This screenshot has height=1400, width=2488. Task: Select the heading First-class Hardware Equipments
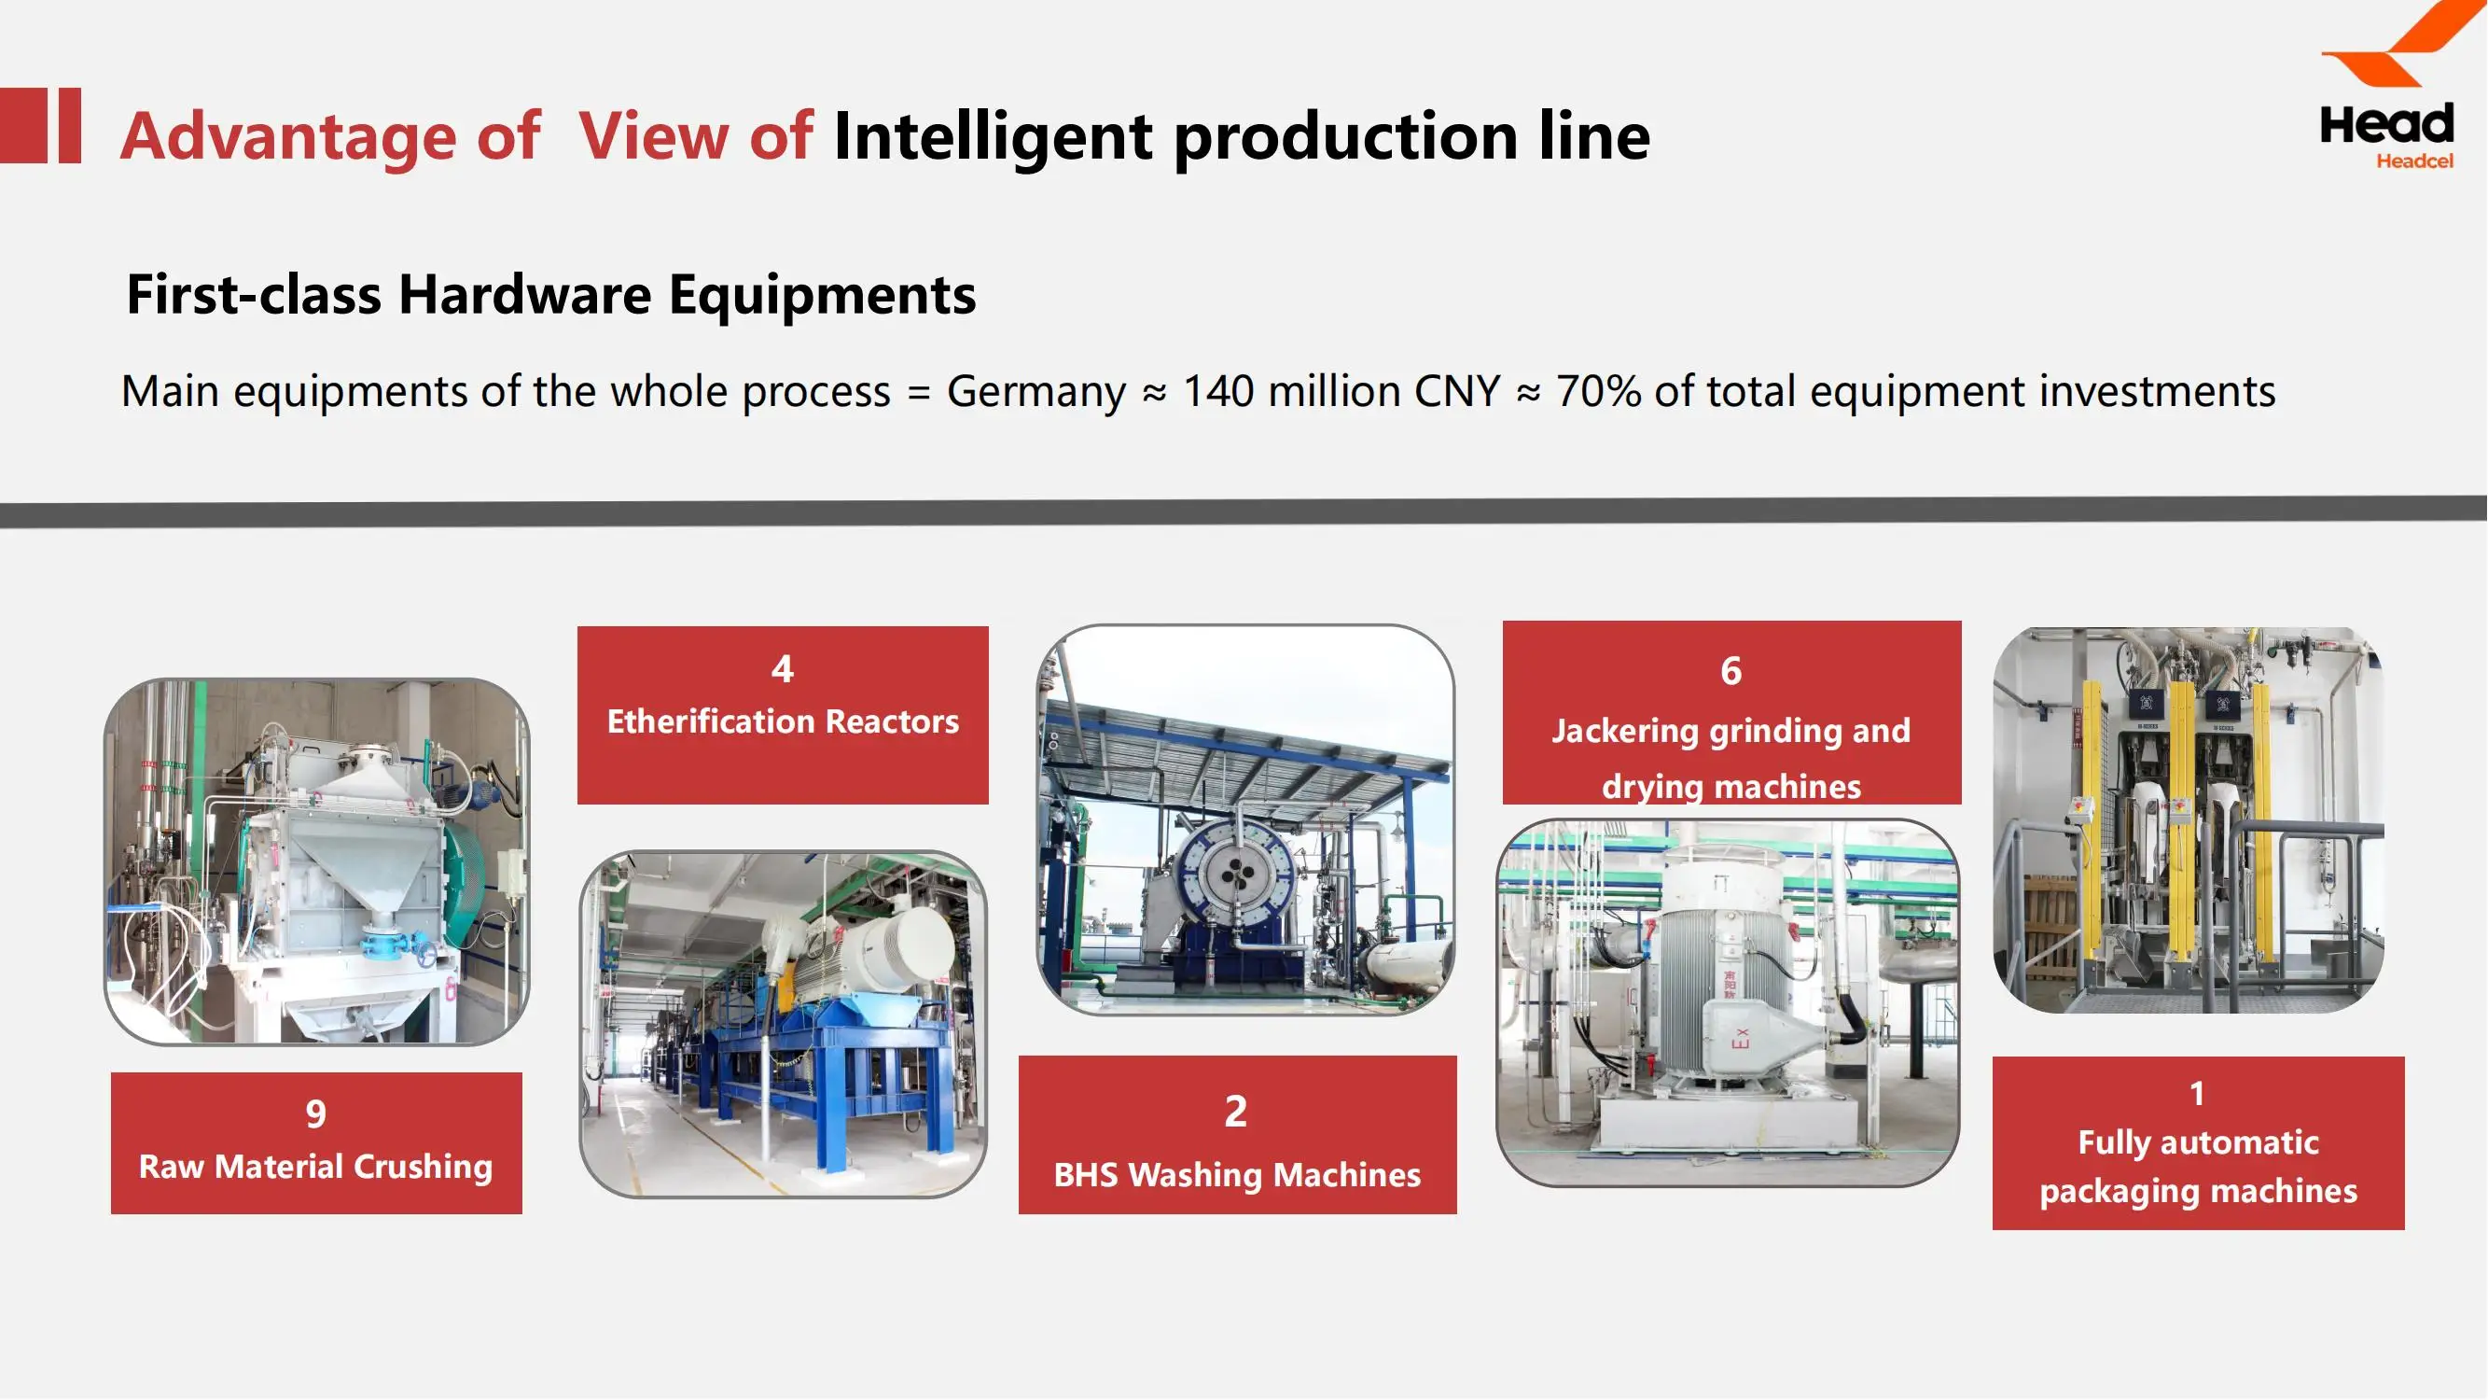550,294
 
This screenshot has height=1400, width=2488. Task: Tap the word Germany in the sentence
1036,391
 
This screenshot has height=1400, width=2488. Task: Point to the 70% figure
1597,391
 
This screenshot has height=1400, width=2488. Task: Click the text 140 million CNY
1341,391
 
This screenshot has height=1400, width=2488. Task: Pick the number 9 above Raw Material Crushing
316,1114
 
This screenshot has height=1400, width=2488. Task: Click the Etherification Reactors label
783,721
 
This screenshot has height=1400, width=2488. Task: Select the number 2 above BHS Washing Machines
1235,1111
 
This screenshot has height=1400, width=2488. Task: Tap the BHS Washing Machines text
1236,1175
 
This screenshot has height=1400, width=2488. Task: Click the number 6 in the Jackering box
1730,670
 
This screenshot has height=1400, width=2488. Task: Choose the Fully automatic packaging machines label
2197,1166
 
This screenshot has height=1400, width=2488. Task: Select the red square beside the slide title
23,126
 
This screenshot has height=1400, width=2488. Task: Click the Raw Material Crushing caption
316,1166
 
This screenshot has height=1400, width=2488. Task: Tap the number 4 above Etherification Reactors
783,668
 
